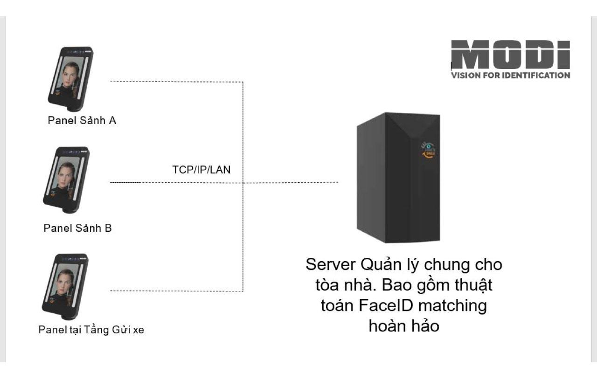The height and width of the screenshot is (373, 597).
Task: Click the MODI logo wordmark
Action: (x=510, y=55)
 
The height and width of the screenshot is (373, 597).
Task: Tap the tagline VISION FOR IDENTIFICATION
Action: (x=510, y=76)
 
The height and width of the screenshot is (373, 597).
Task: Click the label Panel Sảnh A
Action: (x=82, y=120)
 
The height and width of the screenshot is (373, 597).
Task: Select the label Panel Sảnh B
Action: (x=77, y=228)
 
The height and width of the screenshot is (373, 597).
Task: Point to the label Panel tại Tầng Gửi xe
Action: (x=91, y=330)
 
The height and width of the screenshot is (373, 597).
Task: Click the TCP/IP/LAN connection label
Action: (x=201, y=170)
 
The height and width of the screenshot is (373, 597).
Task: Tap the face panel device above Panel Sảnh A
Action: (x=70, y=79)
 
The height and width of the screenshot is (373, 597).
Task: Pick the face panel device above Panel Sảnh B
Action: (x=66, y=180)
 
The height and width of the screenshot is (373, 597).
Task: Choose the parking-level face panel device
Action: (x=65, y=287)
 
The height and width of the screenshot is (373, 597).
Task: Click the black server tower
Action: (x=398, y=178)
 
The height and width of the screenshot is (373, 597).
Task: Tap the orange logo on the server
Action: (x=428, y=151)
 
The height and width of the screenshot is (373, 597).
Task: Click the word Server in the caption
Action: (x=331, y=264)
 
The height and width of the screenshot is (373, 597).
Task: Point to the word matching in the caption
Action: (x=452, y=306)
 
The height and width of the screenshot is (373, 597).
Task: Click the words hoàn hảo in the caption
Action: (x=404, y=326)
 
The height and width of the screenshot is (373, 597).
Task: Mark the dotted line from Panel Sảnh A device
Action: (x=177, y=82)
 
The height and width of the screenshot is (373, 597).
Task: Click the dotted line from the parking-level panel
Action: (x=177, y=291)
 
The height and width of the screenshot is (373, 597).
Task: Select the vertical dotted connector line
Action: (x=243, y=186)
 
